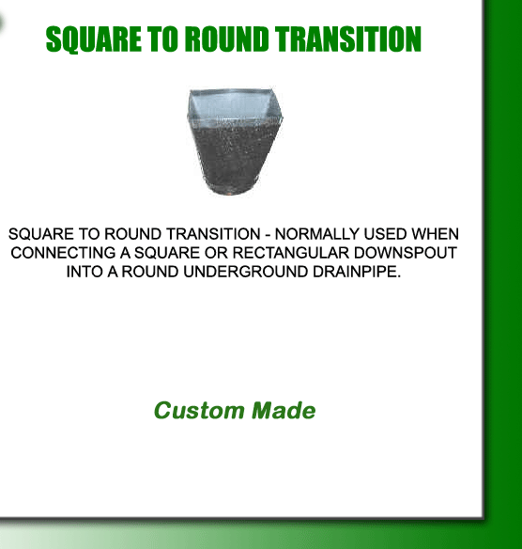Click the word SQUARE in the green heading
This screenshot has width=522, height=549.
click(93, 39)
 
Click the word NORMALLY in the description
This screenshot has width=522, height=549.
click(317, 234)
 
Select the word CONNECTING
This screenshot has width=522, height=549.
click(63, 253)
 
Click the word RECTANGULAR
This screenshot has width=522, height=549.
click(290, 253)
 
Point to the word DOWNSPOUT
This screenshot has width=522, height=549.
click(406, 253)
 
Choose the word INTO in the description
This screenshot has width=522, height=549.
click(84, 272)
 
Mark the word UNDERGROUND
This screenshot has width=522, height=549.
click(245, 272)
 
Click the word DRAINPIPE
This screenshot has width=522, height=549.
click(356, 272)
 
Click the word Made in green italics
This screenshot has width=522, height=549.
click(284, 411)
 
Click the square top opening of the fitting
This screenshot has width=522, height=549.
click(235, 103)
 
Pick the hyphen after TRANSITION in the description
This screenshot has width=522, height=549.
click(268, 235)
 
